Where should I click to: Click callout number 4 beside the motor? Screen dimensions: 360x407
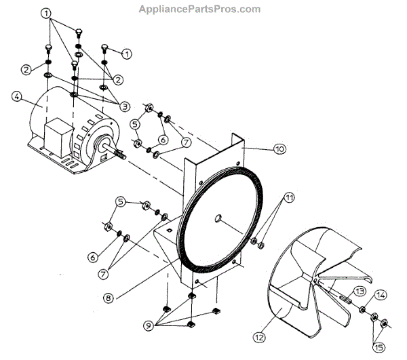click(16, 96)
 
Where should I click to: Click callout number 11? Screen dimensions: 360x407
click(290, 198)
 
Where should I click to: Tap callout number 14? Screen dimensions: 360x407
click(381, 296)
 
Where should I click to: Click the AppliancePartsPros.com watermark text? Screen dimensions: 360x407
click(199, 9)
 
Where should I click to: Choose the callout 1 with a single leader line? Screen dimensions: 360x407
click(127, 52)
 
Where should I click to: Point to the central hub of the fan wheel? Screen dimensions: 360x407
click(317, 280)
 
